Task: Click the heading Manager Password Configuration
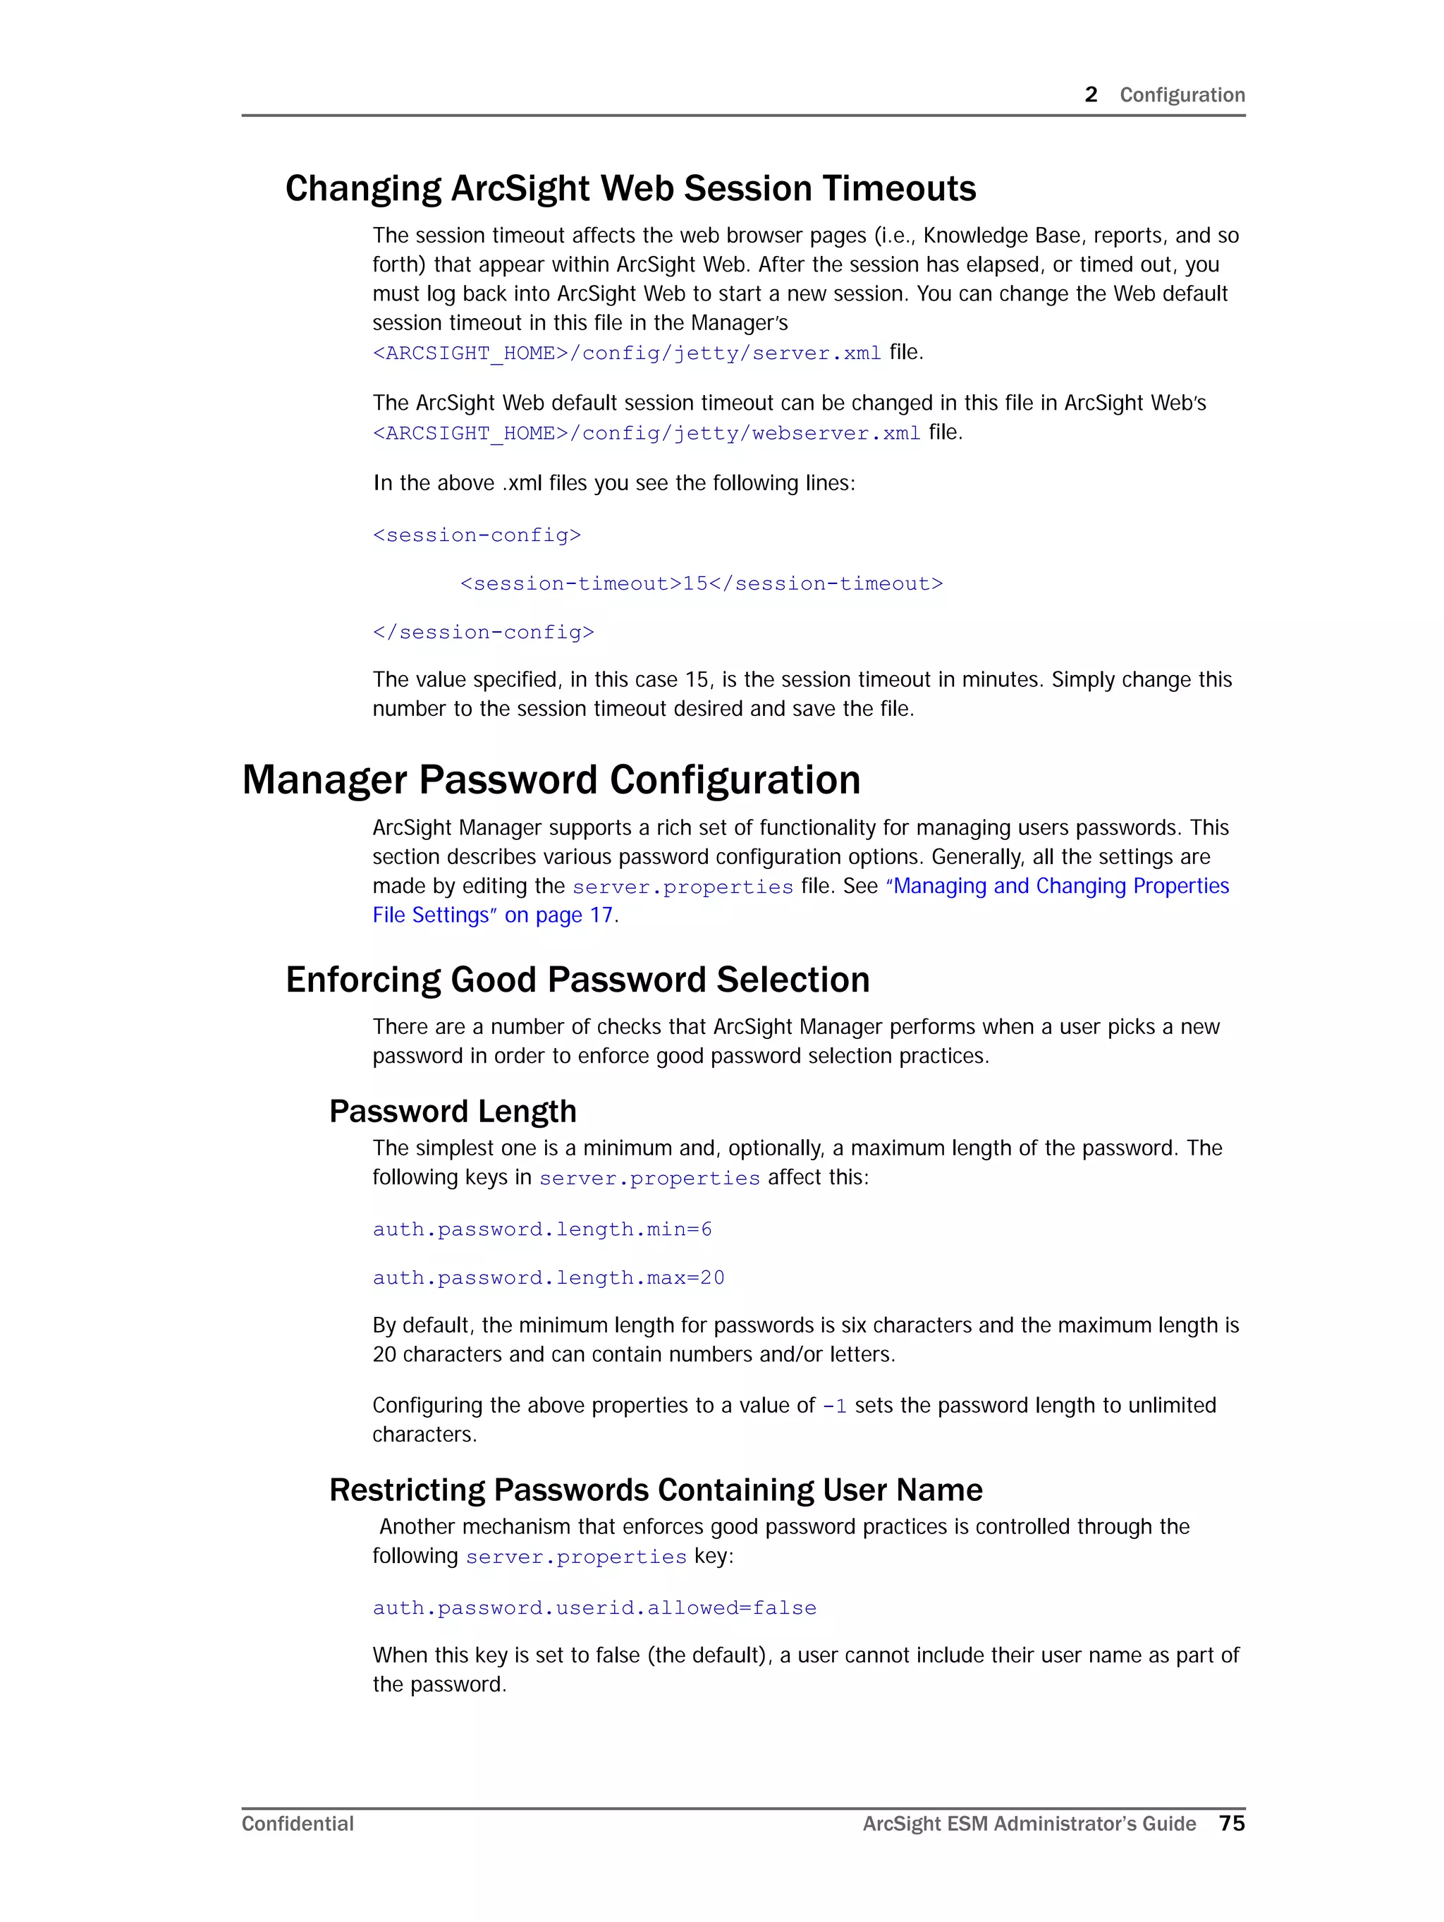click(x=551, y=779)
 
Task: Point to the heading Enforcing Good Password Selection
click(x=577, y=979)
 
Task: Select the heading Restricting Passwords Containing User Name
click(x=655, y=1490)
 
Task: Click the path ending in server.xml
click(x=626, y=353)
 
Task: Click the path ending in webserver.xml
click(x=647, y=432)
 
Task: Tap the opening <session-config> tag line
click(x=476, y=535)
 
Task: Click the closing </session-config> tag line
click(x=483, y=633)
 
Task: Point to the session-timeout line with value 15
click(x=700, y=584)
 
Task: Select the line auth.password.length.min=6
click(x=541, y=1229)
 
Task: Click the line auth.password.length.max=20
click(x=549, y=1278)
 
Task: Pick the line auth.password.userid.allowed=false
click(x=594, y=1608)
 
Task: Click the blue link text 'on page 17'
click(x=558, y=915)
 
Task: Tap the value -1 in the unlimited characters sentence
click(x=833, y=1406)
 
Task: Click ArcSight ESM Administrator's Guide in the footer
click(x=1029, y=1824)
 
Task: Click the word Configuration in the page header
click(x=1182, y=95)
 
